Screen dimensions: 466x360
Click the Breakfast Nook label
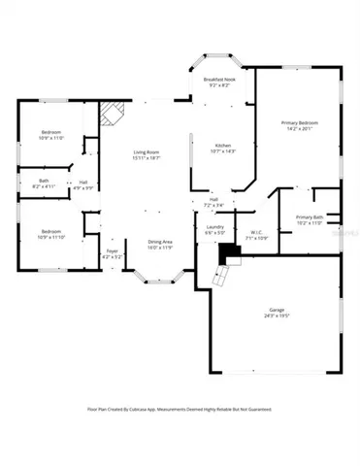(216, 80)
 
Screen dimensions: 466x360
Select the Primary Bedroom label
(300, 123)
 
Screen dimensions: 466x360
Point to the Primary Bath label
(311, 216)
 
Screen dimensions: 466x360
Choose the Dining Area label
(160, 241)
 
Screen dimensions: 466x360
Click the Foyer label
(112, 250)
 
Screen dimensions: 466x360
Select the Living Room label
(147, 152)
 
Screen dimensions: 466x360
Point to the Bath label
(45, 180)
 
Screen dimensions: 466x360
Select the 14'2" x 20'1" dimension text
(300, 129)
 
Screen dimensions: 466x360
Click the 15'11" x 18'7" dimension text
(147, 158)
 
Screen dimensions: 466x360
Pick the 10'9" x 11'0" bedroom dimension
(51, 138)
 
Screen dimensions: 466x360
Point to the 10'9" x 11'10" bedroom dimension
(51, 237)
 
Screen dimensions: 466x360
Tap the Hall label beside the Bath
(84, 181)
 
